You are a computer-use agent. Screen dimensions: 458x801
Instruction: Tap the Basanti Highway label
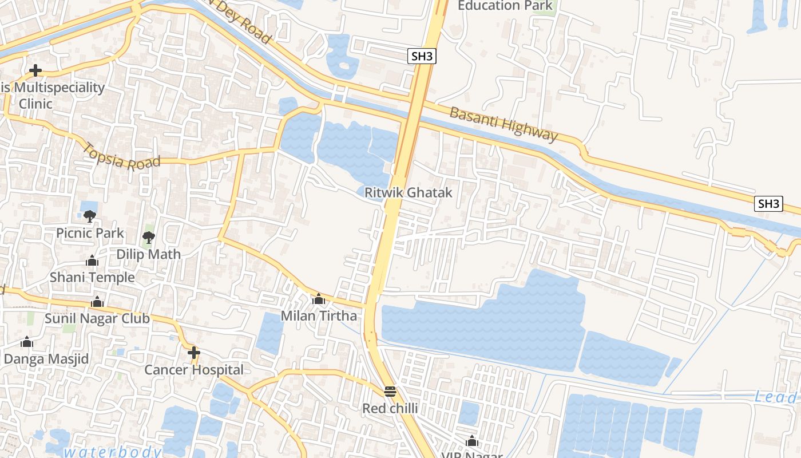[x=503, y=124]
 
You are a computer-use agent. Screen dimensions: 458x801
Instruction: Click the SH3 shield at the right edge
[x=768, y=204]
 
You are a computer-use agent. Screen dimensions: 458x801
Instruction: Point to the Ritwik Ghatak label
[x=408, y=192]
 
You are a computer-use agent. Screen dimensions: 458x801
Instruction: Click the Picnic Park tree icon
[x=89, y=216]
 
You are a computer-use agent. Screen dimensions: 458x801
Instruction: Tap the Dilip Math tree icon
[x=149, y=237]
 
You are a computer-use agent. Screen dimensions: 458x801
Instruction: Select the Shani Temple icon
[x=92, y=261]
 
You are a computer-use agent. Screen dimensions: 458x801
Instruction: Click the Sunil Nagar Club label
[x=97, y=318]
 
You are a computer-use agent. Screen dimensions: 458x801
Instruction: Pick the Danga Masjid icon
[x=26, y=342]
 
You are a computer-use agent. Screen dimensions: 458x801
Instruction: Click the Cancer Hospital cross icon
[x=194, y=352]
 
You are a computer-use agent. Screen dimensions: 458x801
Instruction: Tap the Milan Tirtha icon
[x=319, y=299]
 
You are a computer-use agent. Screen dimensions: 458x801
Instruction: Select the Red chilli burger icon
[x=390, y=392]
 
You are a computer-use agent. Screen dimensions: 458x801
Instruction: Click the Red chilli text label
[x=390, y=409]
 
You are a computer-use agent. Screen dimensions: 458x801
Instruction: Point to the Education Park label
[x=505, y=6]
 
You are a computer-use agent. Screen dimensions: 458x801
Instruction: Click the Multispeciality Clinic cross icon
[x=35, y=70]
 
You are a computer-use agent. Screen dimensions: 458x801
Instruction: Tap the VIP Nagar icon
[x=472, y=441]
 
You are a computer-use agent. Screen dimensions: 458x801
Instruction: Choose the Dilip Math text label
[x=149, y=254]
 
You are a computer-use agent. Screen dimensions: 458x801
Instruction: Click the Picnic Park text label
[x=90, y=233]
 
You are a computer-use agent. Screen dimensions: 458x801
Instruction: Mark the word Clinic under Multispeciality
[x=35, y=104]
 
